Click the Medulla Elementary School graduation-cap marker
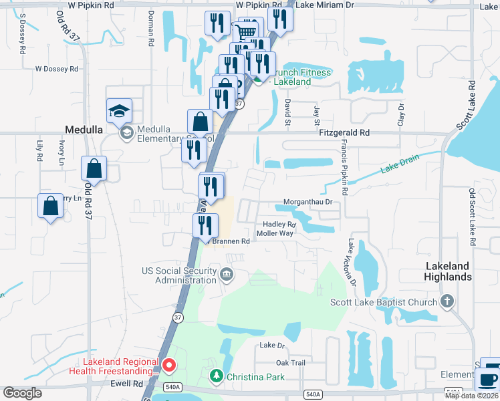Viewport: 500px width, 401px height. click(119, 111)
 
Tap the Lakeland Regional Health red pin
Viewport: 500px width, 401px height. click(169, 366)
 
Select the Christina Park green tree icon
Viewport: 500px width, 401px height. click(216, 377)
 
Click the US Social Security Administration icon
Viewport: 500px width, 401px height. click(227, 274)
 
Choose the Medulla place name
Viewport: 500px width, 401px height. click(83, 130)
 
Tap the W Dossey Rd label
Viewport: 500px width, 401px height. click(57, 69)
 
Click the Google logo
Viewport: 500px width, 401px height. click(22, 393)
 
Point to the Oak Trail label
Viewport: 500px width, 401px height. click(290, 363)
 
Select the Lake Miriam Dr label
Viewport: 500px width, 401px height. click(325, 5)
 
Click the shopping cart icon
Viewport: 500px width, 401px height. click(247, 30)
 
